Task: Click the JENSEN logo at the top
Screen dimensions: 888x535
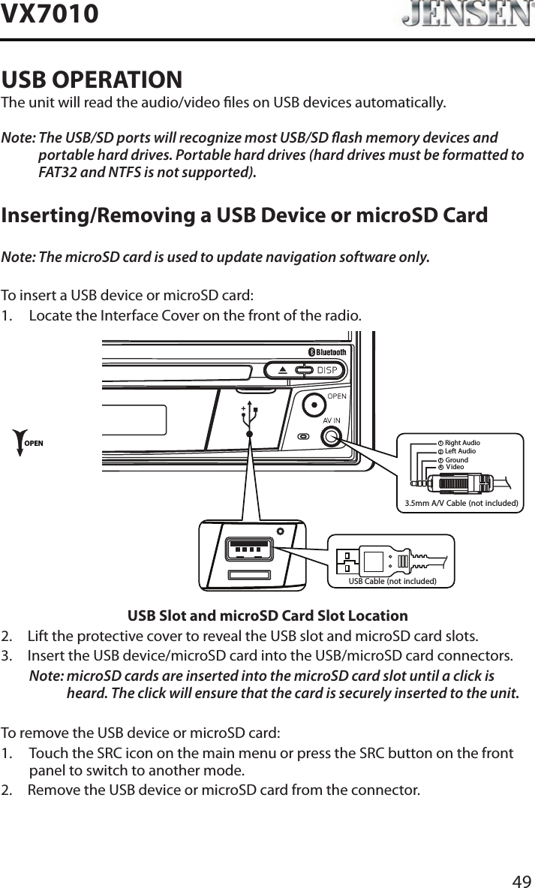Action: click(462, 15)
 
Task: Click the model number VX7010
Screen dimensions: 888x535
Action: click(50, 14)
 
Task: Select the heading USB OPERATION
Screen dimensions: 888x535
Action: click(92, 79)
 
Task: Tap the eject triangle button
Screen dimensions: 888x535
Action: click(282, 370)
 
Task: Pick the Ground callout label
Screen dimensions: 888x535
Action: click(456, 459)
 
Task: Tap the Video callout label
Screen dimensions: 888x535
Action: click(455, 467)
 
